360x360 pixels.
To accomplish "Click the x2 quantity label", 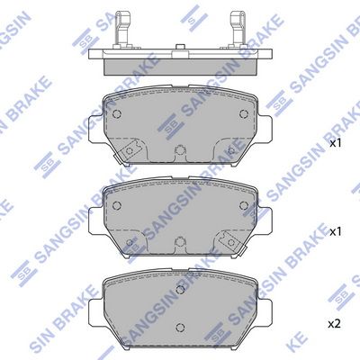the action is pyautogui.click(x=335, y=324).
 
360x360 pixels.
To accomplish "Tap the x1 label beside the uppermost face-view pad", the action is pyautogui.click(x=336, y=143).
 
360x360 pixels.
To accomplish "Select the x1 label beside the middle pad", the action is pyautogui.click(x=336, y=231).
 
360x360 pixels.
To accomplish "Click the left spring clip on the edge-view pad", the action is pyautogui.click(x=122, y=30).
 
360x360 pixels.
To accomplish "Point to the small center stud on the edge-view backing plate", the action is pyautogui.click(x=180, y=47).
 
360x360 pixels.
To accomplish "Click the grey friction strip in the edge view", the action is pyautogui.click(x=181, y=67).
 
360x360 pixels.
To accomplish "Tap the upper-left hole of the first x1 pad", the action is pyautogui.click(x=117, y=113).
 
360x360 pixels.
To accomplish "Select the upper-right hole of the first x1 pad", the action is pyautogui.click(x=244, y=113).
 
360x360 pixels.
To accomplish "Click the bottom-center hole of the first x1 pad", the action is pyautogui.click(x=180, y=149).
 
